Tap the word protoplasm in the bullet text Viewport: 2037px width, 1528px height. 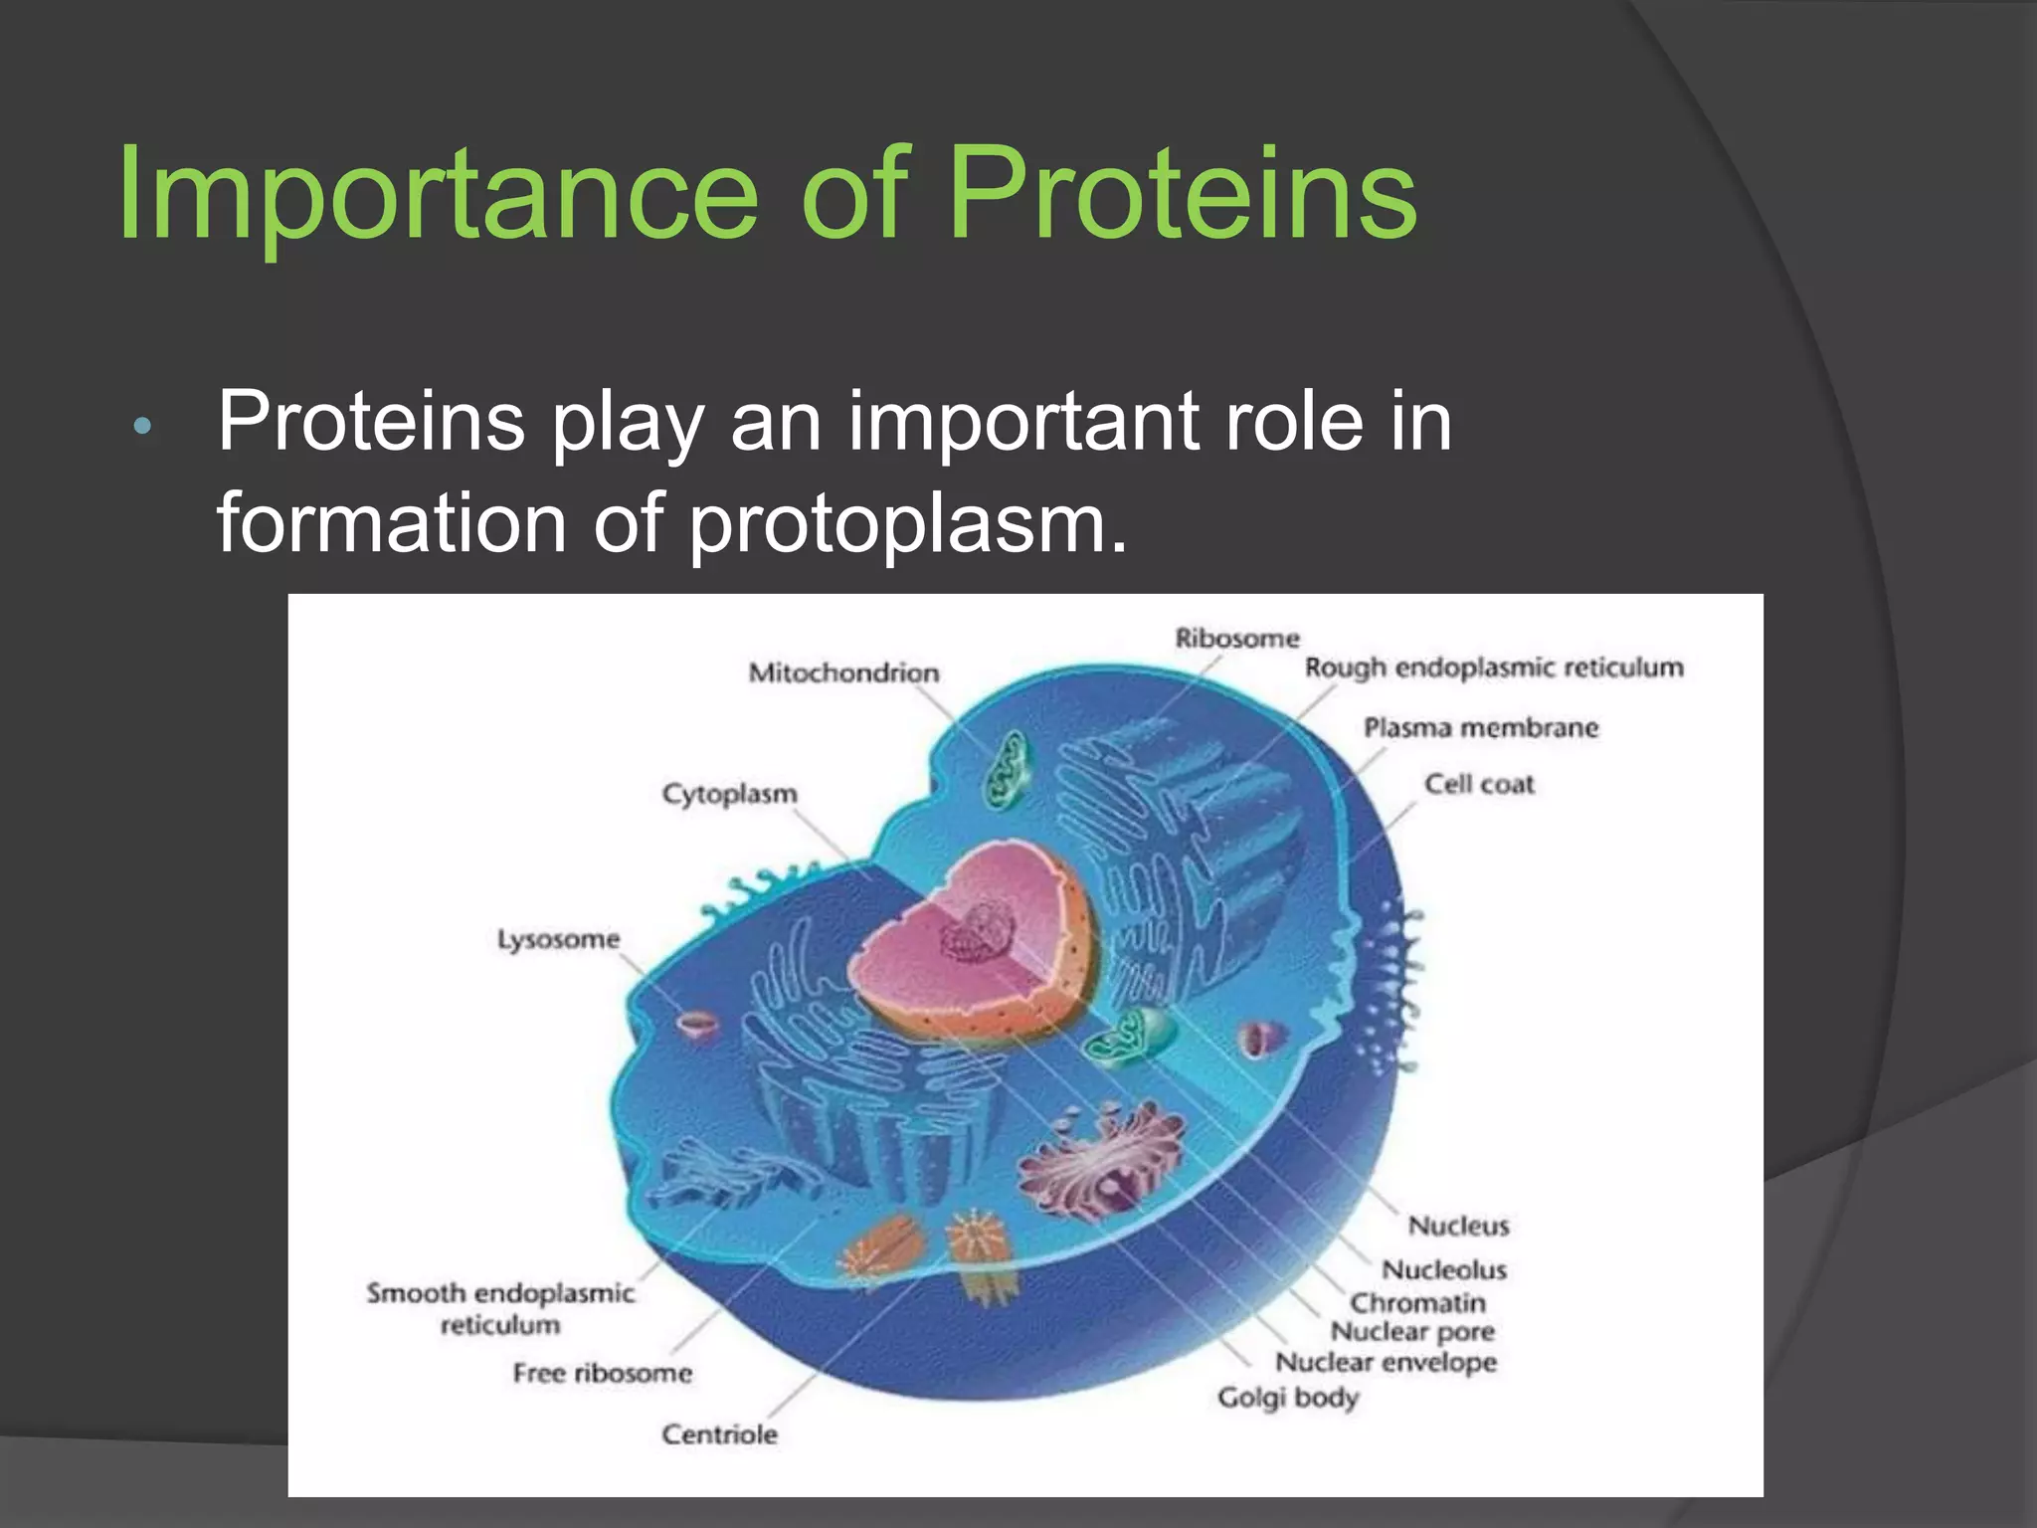[907, 524]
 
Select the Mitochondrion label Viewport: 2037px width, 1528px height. [843, 673]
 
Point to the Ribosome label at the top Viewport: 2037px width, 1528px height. [1236, 638]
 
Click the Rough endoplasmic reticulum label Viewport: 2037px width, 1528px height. [1493, 668]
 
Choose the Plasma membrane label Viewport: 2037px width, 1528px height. [1480, 728]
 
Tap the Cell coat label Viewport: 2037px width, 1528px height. [1479, 785]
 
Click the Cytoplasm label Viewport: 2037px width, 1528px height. [729, 795]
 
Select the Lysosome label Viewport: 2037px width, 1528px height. [558, 940]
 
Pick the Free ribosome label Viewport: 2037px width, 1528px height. [602, 1374]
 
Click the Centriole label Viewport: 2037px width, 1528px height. [719, 1434]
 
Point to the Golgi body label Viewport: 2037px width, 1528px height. [1288, 1398]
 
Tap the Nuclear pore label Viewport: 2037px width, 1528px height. [1411, 1332]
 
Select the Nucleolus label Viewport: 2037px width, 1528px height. [1443, 1270]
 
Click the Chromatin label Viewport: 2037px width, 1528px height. [1416, 1303]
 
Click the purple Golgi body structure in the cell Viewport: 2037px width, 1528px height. [1104, 1159]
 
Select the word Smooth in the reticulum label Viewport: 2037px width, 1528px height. [416, 1293]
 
